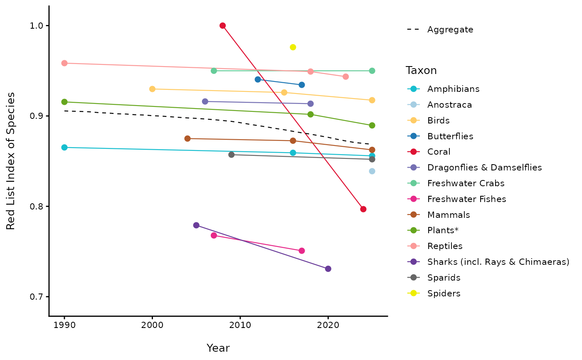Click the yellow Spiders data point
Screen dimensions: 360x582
point(293,47)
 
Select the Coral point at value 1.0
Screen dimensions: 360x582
point(222,26)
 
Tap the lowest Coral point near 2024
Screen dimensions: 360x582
point(363,209)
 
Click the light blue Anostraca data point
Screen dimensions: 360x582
point(372,171)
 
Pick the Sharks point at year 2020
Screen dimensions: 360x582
point(328,269)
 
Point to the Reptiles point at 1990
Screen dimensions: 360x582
point(64,63)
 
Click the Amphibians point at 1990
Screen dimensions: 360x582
point(64,148)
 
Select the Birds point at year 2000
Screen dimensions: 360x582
point(152,89)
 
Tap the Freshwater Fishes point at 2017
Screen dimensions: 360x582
point(302,251)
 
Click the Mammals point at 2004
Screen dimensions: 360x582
point(187,138)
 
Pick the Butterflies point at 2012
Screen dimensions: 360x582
point(258,79)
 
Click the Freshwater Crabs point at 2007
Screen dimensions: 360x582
point(214,71)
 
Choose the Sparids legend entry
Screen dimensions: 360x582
point(444,278)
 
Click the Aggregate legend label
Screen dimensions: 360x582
point(450,30)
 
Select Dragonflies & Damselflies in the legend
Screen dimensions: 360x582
point(484,168)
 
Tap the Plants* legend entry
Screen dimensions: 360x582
point(443,230)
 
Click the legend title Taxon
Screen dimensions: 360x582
point(421,71)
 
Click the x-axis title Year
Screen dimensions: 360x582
point(218,348)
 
